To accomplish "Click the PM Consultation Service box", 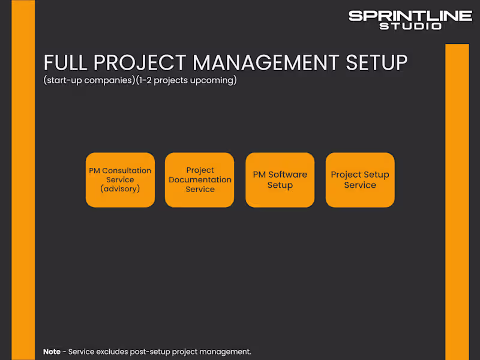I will (120, 180).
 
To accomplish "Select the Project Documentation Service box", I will (200, 180).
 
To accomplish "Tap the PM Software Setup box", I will (280, 180).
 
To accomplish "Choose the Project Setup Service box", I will (360, 180).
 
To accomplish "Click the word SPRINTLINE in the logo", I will (410, 16).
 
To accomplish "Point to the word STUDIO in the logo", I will (410, 26).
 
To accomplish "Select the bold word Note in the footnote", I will (52, 352).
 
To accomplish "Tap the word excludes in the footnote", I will (110, 352).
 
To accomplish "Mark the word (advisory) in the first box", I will (120, 189).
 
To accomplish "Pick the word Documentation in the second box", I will (200, 179).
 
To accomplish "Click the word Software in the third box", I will (287, 175).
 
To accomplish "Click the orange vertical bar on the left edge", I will (23, 180).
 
